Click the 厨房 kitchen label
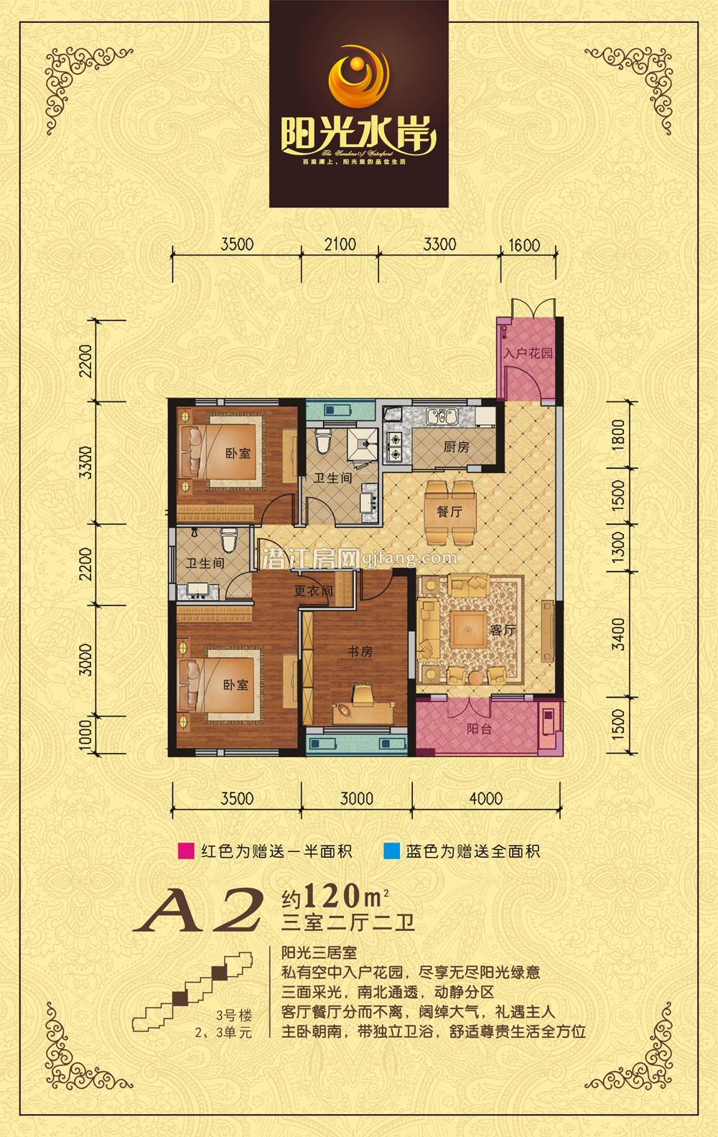pos(455,447)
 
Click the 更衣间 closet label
pos(314,591)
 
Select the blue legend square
pos(391,852)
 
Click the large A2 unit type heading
pos(205,909)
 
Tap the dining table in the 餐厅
pos(451,513)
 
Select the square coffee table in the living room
pos(467,630)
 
